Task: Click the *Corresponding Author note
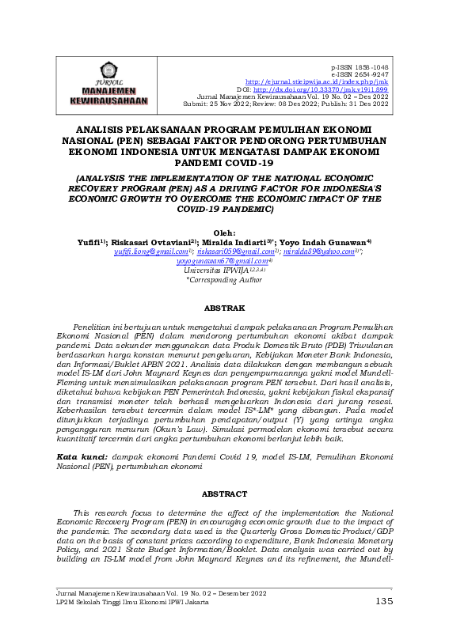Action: point(224,279)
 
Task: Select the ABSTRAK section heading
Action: point(224,307)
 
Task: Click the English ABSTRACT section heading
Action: point(224,494)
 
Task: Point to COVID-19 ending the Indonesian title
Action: point(248,163)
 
